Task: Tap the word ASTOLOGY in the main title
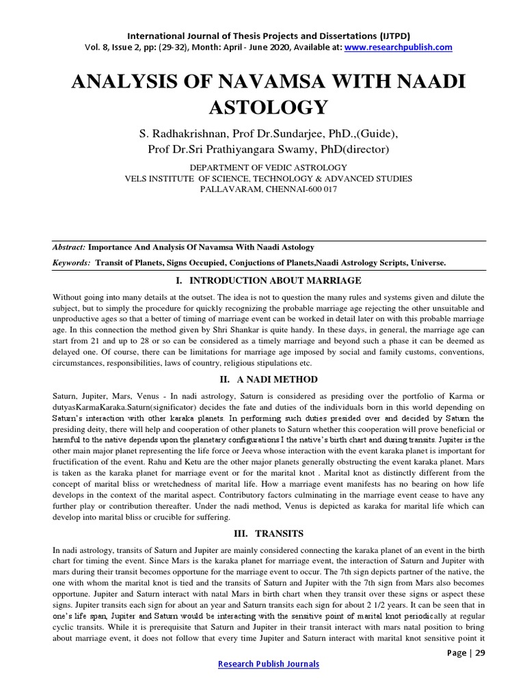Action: (x=262, y=107)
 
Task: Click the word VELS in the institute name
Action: (x=137, y=178)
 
